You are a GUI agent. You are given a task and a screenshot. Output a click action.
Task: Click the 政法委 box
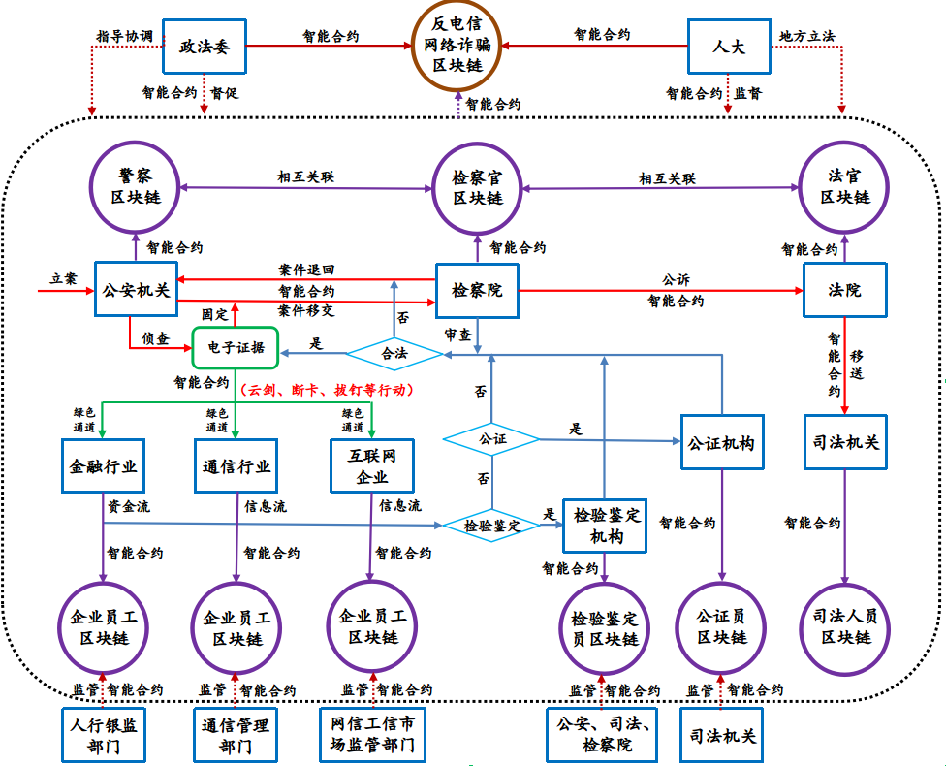tap(204, 45)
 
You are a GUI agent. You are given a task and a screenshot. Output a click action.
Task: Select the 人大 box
tap(729, 45)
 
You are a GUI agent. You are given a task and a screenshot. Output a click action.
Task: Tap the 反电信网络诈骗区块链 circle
tap(457, 45)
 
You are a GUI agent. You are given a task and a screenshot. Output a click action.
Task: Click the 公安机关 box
tap(136, 288)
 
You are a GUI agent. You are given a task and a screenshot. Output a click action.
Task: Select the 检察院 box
tap(477, 289)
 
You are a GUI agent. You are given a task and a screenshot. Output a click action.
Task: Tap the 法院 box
tap(844, 289)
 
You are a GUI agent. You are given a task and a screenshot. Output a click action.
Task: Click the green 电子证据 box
tap(236, 347)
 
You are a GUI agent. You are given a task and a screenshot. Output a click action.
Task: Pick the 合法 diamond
tap(394, 354)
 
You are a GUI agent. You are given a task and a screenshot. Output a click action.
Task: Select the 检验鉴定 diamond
tap(491, 526)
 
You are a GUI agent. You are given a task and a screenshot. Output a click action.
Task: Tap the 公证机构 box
tap(721, 444)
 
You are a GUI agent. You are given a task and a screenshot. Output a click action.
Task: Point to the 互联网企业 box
tap(373, 465)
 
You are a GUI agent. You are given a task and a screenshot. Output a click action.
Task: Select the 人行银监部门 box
tap(103, 734)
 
